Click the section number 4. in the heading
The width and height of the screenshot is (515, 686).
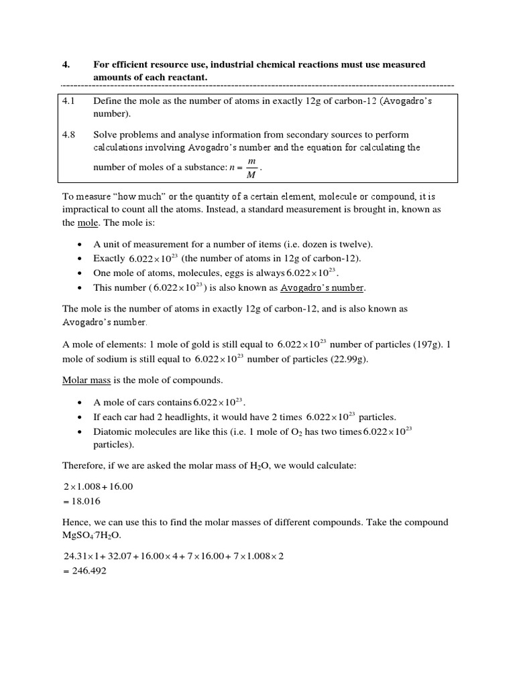pos(66,65)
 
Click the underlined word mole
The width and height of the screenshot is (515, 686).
pos(80,222)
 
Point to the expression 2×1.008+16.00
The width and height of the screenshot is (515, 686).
pos(98,486)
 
